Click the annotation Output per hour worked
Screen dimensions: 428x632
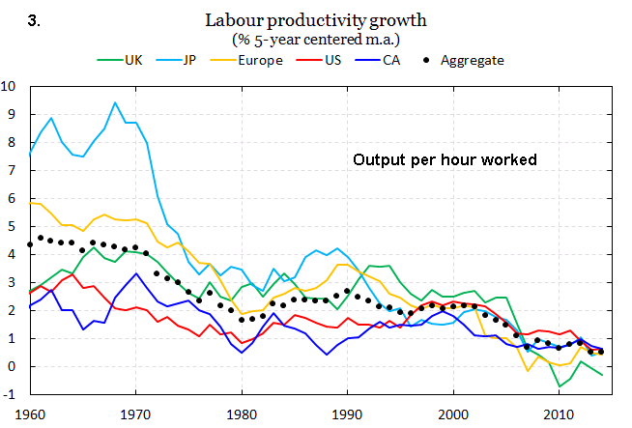pyautogui.click(x=444, y=159)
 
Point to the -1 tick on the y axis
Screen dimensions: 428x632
pyautogui.click(x=10, y=395)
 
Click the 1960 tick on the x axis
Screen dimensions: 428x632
pyautogui.click(x=29, y=414)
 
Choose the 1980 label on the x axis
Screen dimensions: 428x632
pyautogui.click(x=242, y=414)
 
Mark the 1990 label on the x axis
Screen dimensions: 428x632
pyautogui.click(x=348, y=414)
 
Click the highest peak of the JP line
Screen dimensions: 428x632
pyautogui.click(x=115, y=102)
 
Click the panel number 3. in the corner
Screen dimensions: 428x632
pyautogui.click(x=34, y=18)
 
